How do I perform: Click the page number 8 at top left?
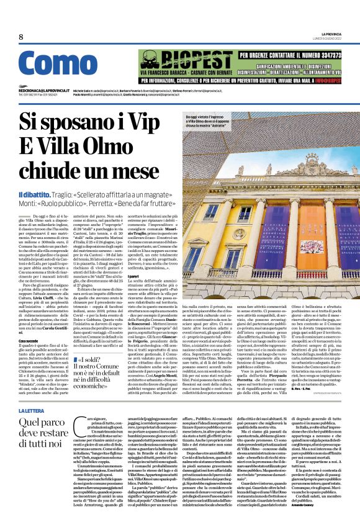click(x=21, y=37)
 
